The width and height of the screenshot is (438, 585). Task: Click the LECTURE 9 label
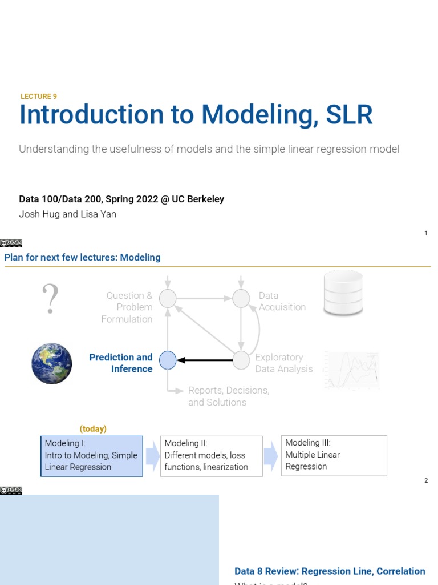(39, 97)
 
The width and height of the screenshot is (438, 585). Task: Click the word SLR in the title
(349, 115)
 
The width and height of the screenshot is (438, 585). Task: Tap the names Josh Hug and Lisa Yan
(67, 215)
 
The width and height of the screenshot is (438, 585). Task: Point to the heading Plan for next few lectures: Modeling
(82, 258)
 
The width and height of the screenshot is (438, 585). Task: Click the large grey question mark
(51, 299)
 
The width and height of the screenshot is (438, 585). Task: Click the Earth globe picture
(52, 363)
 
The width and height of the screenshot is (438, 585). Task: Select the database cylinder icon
(343, 293)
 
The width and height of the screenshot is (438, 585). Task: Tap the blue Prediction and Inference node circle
(168, 360)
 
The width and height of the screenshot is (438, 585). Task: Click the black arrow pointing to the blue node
(205, 360)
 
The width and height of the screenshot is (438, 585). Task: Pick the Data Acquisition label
(282, 302)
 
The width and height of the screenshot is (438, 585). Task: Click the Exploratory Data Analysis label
(283, 363)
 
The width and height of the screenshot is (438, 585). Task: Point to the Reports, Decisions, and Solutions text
(229, 396)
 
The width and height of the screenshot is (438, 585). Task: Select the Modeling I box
(92, 455)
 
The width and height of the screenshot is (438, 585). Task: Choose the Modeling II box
(211, 455)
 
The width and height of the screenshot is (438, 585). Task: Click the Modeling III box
(334, 455)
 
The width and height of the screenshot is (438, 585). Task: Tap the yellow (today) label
(93, 428)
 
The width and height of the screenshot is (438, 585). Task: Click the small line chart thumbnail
(352, 370)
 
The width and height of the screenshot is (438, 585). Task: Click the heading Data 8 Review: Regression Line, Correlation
(330, 571)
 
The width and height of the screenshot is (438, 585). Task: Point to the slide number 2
(425, 480)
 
